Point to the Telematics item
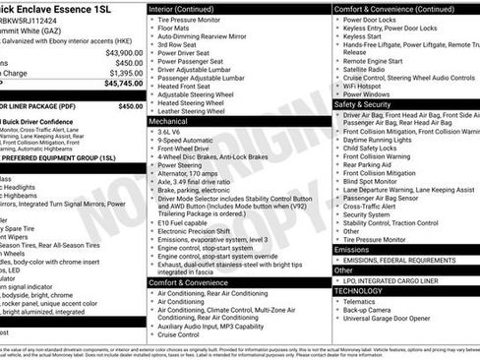[x=363, y=303]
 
